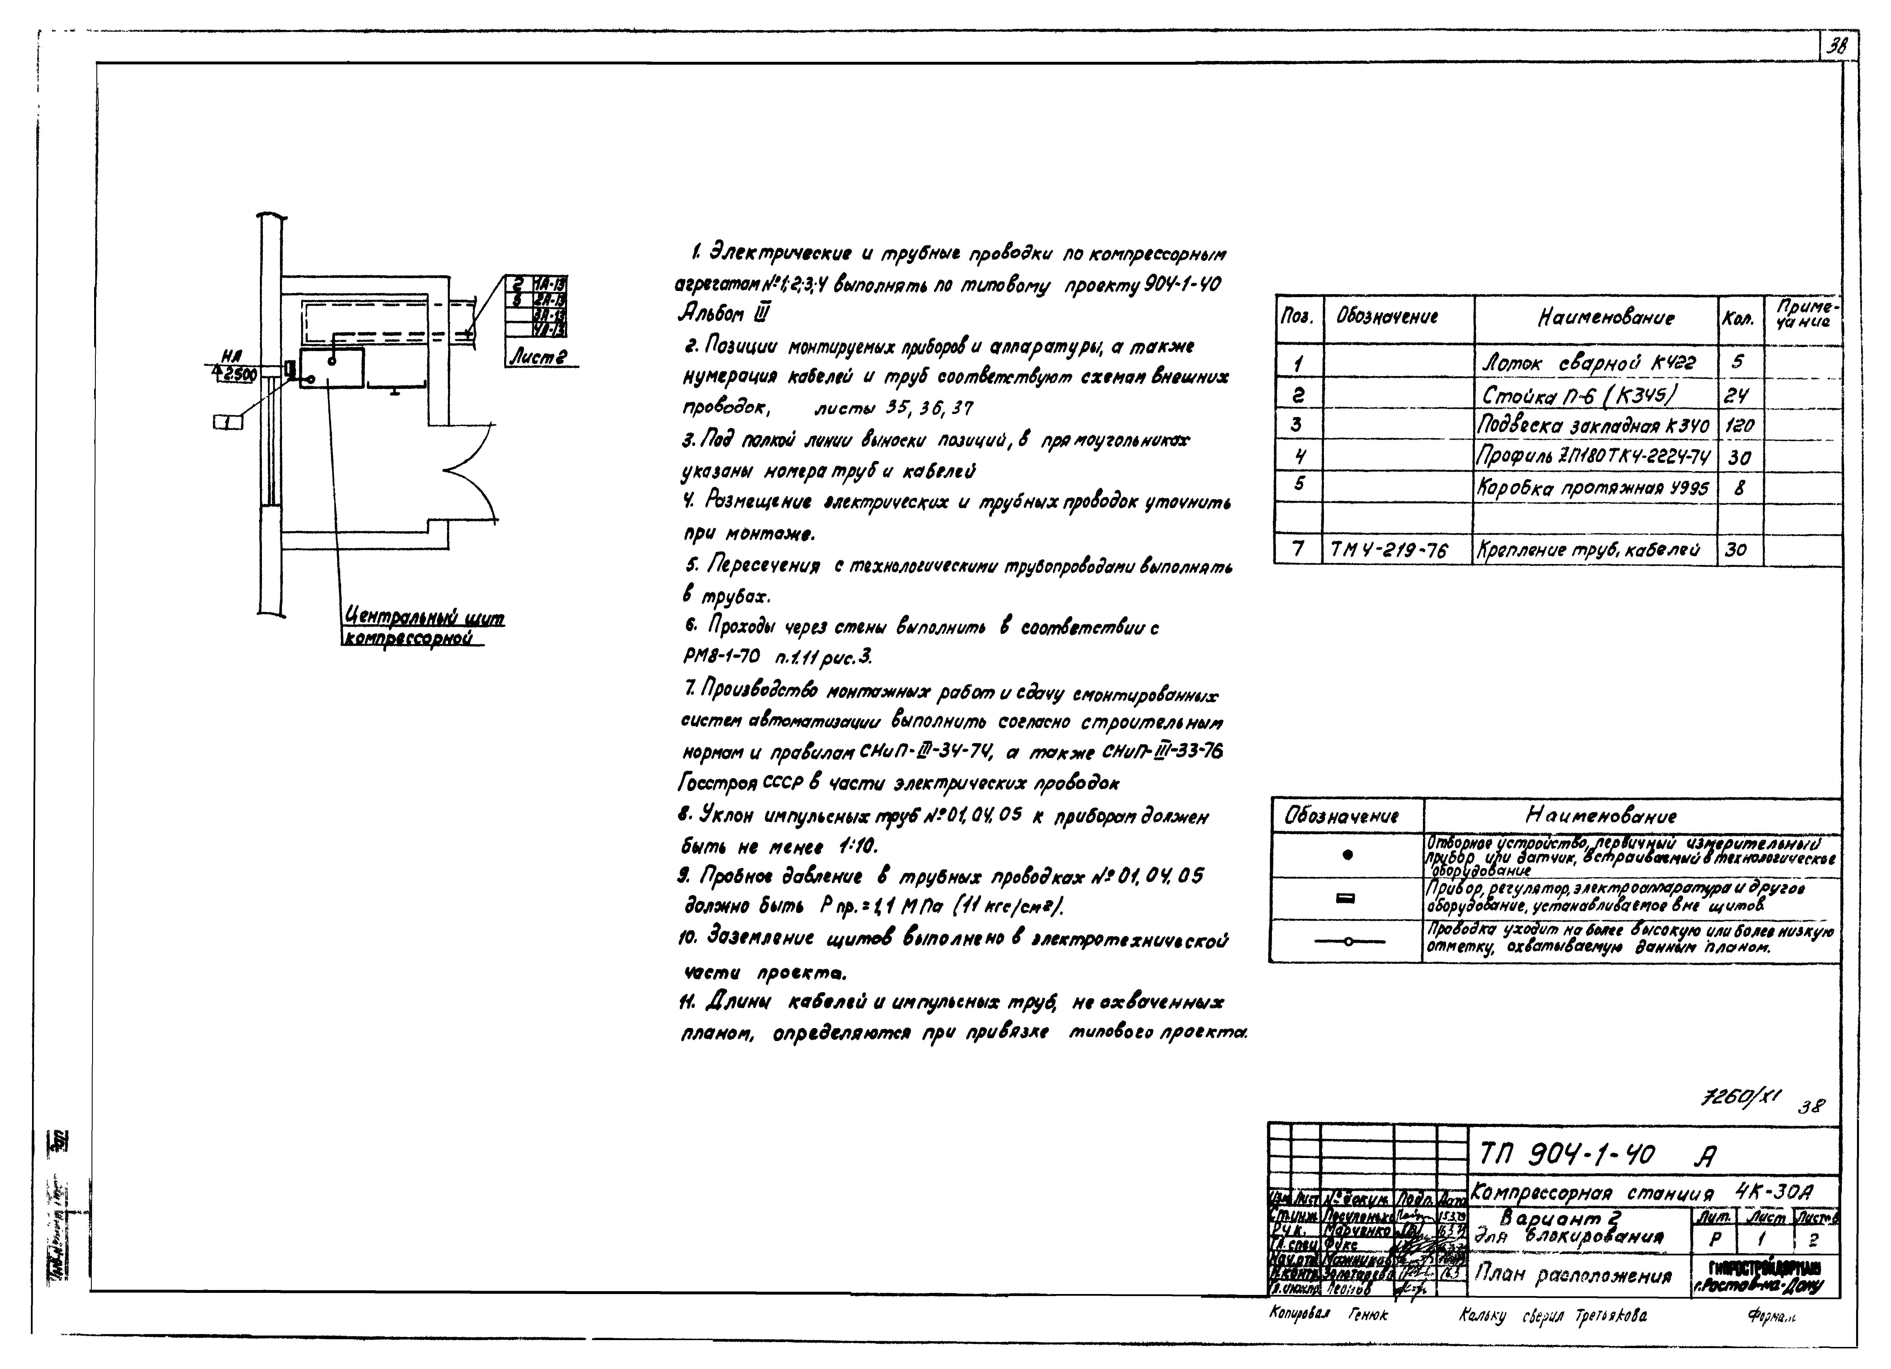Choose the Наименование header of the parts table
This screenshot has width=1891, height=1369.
tap(1594, 318)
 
